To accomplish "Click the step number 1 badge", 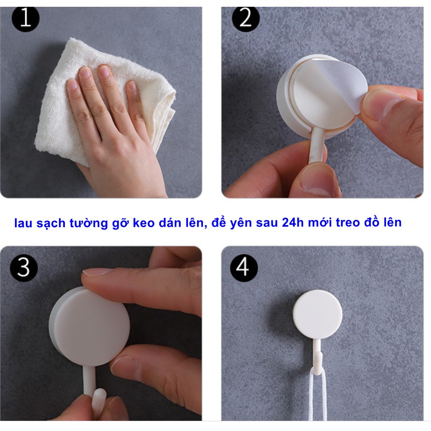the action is click(26, 18).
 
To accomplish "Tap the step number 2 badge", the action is click(246, 18).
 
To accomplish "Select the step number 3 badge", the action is click(24, 267).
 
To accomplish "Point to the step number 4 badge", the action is click(244, 267).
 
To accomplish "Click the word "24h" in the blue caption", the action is click(293, 222).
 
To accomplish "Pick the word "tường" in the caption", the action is click(89, 223).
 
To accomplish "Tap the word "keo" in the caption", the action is click(144, 223).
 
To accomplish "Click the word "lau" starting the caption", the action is click(24, 223).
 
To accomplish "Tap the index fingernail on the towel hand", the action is click(105, 72).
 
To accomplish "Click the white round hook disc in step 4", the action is click(318, 314).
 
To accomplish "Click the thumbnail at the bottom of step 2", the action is click(319, 182).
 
